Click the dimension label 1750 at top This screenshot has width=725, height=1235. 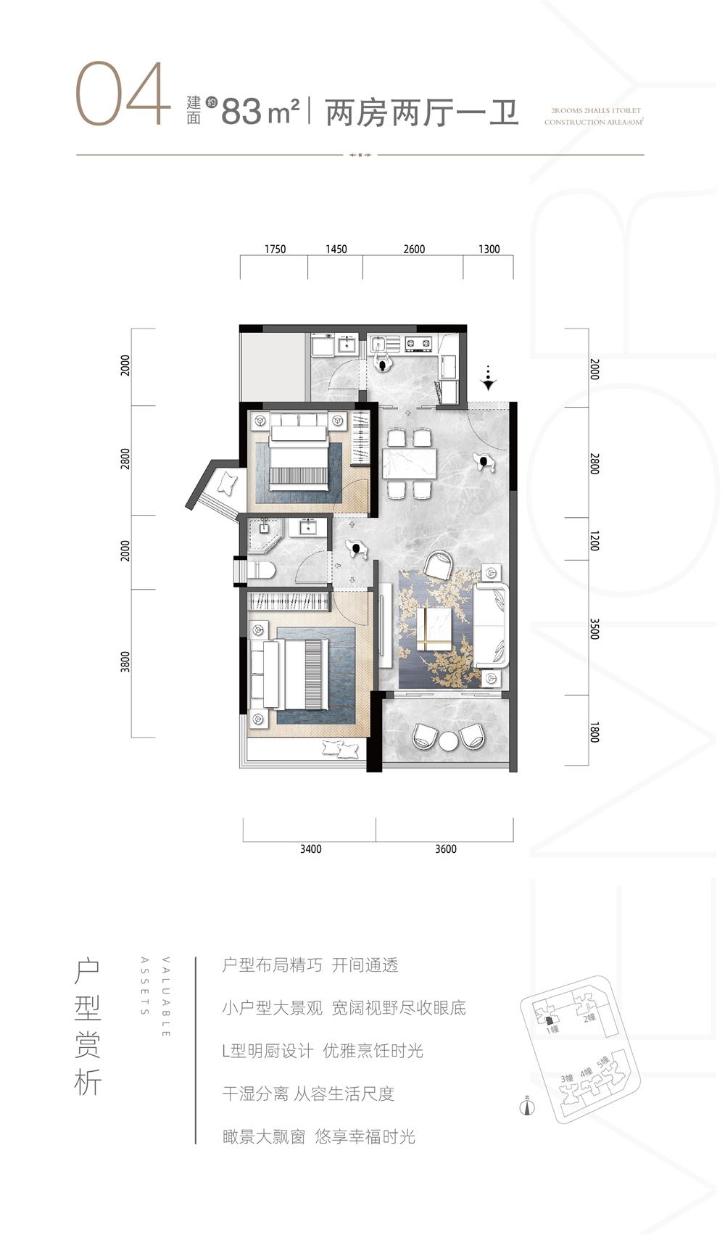tap(275, 249)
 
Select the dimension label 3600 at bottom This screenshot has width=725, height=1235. tap(445, 849)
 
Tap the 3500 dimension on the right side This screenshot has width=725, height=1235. tap(594, 628)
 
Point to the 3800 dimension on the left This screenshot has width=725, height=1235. tap(125, 662)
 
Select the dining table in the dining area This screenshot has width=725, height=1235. tap(410, 462)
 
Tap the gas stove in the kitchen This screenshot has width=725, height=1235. tap(418, 344)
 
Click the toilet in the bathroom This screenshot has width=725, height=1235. tap(260, 571)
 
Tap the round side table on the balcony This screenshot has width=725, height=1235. tap(449, 740)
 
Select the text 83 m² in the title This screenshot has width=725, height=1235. tap(260, 112)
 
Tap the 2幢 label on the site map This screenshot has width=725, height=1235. tap(589, 1018)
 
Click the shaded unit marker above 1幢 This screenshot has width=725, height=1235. tap(550, 1020)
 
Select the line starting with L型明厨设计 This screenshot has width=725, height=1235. tap(323, 1051)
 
